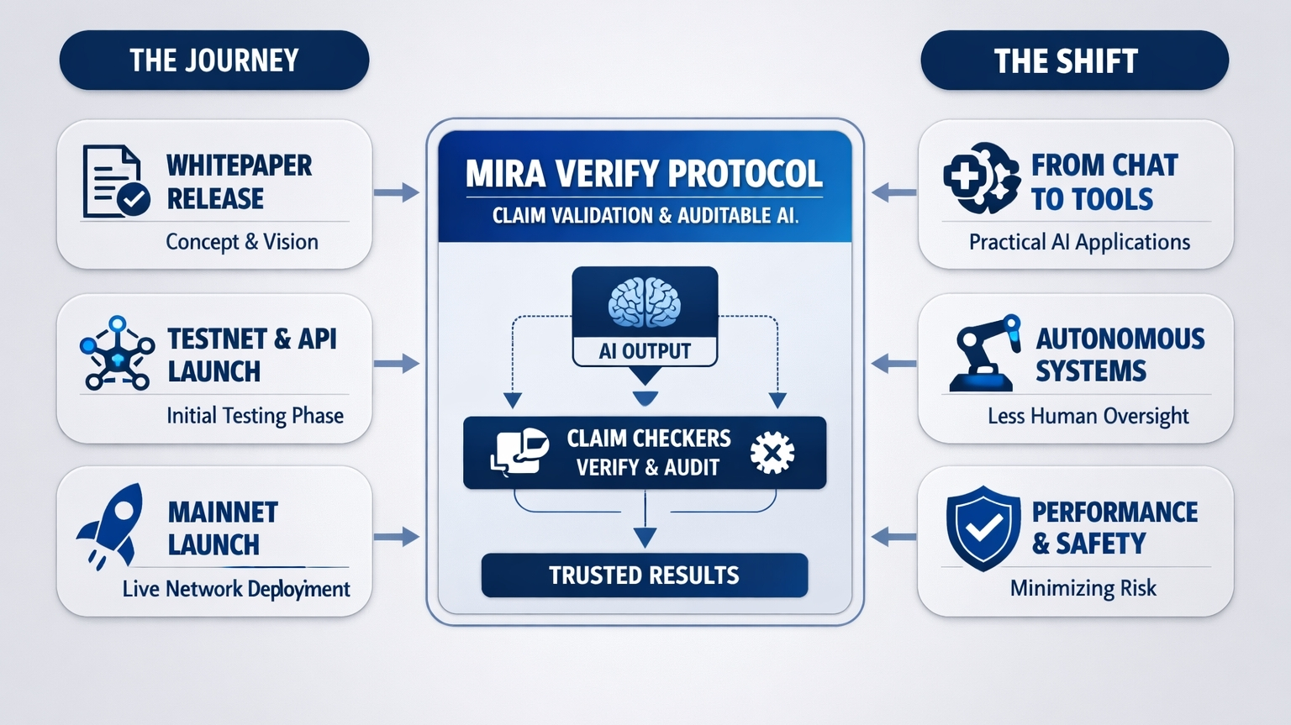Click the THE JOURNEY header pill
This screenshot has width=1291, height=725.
[214, 60]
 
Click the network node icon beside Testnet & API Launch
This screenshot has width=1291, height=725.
[117, 354]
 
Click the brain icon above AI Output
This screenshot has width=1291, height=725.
[645, 302]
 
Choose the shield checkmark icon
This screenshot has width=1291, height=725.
[983, 528]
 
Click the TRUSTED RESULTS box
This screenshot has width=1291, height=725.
[644, 575]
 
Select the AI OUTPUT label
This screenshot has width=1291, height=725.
[645, 351]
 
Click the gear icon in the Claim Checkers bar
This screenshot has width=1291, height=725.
[772, 453]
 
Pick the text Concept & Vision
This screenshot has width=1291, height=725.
[242, 242]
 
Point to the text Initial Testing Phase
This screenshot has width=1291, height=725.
[255, 416]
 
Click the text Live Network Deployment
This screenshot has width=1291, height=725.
[236, 589]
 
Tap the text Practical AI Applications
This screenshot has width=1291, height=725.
[1079, 242]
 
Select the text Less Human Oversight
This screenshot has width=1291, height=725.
[1088, 416]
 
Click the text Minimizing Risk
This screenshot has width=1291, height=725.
[1083, 588]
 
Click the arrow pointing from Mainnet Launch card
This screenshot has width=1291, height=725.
[396, 537]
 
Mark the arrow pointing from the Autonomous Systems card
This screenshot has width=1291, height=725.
[894, 364]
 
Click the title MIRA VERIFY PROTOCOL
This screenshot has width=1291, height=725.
[644, 174]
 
